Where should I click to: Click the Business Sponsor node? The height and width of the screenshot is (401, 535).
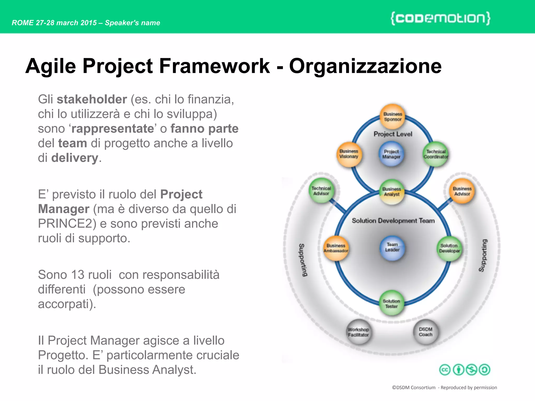tap(392, 117)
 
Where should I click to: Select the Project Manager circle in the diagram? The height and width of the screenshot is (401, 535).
tap(391, 154)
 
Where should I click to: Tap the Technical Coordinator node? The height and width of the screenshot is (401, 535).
tap(435, 154)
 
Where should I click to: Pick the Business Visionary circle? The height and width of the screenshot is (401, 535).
tap(349, 154)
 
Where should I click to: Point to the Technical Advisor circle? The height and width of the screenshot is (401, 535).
tap(321, 191)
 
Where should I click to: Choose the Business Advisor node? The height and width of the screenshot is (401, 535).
tap(462, 191)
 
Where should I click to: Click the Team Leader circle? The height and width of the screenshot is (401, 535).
tap(392, 247)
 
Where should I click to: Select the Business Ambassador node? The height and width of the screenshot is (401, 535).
tap(336, 248)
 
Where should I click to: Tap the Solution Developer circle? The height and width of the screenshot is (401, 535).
tap(449, 249)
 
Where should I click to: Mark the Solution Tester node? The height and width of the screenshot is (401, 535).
tap(391, 303)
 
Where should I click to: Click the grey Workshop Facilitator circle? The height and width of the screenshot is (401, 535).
tap(359, 332)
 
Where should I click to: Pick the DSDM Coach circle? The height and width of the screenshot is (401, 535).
tap(426, 332)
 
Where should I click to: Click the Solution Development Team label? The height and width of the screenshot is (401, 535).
tap(393, 221)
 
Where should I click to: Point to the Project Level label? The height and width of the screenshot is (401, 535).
tap(393, 134)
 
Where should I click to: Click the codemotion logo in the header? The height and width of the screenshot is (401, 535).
tap(440, 18)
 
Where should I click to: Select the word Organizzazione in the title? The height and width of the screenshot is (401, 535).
tap(365, 66)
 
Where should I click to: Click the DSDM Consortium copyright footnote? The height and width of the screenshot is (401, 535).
tap(444, 387)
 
